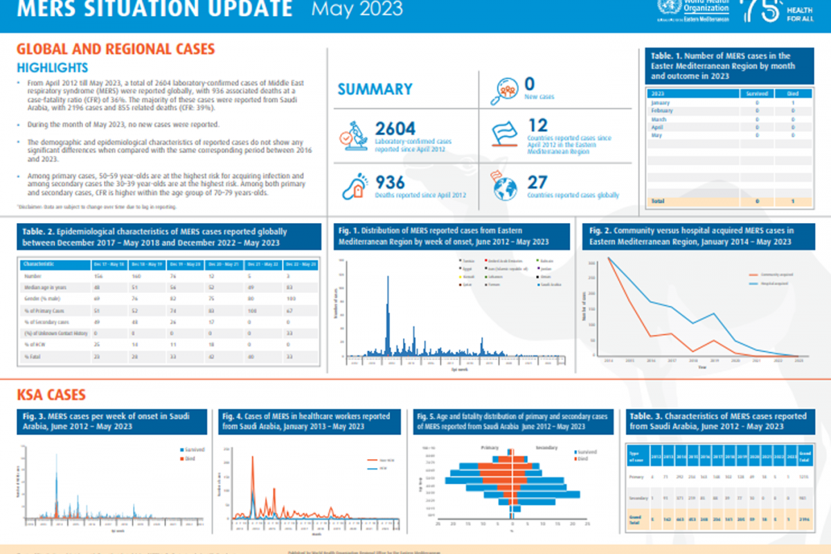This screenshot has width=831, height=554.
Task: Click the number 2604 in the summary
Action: pos(395,129)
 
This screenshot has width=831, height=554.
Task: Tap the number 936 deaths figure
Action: pos(390,182)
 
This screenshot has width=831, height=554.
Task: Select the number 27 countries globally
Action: pos(537,183)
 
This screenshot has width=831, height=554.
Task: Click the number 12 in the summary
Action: pos(537,125)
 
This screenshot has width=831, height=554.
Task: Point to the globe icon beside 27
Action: pos(505,188)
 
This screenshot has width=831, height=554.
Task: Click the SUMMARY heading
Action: pos(375,89)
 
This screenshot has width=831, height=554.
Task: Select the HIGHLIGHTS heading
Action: pos(53,68)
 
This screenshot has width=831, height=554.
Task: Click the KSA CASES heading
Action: pos(51,395)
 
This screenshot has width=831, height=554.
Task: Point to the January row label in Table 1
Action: pos(662,102)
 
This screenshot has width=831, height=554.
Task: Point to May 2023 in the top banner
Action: pos(357,10)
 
